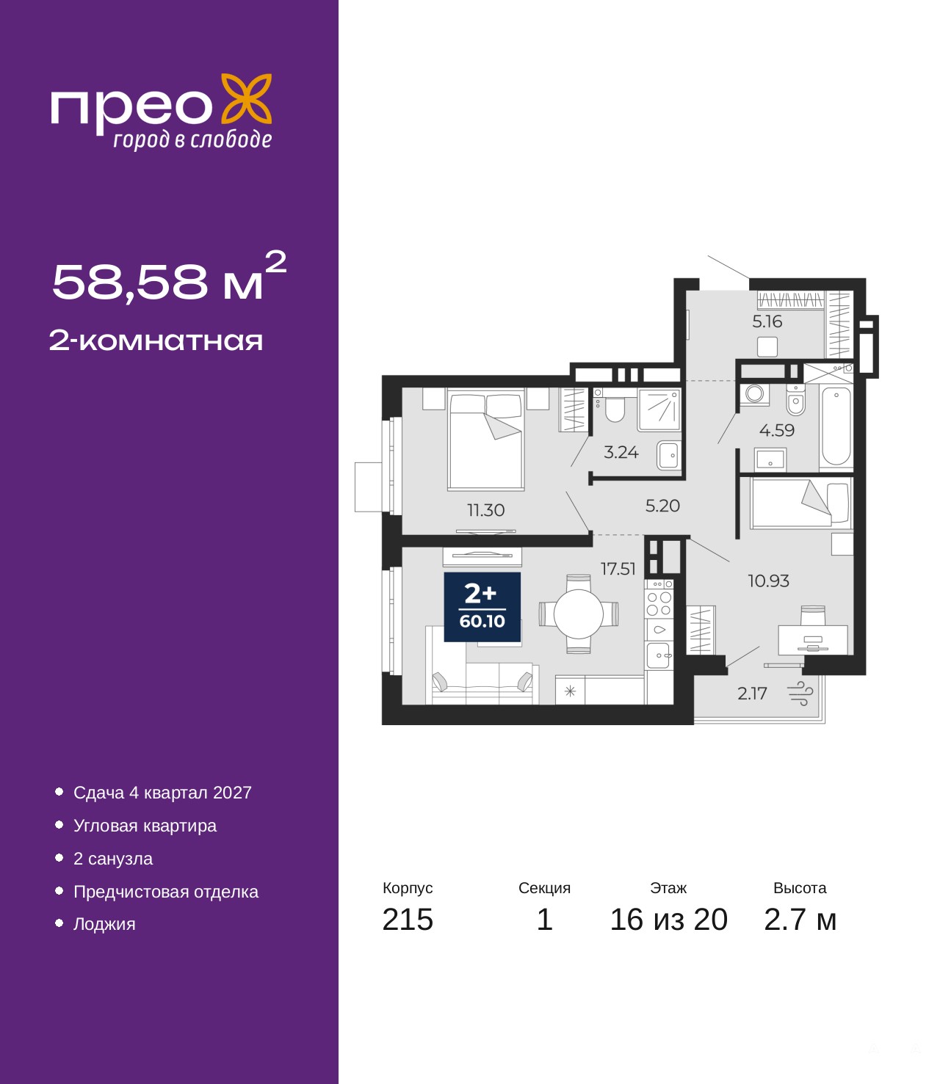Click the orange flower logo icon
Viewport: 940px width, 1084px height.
246,99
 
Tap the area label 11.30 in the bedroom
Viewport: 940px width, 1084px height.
485,510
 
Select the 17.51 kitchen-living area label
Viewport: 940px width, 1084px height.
618,569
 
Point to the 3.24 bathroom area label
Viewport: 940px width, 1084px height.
621,452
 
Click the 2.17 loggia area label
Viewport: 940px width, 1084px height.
752,694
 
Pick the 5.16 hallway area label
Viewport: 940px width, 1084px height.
767,321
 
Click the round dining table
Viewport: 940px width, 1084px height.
579,614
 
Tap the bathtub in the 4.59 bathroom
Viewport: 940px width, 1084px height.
836,426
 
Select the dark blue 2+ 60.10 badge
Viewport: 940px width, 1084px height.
482,607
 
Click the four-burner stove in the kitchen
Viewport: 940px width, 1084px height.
659,603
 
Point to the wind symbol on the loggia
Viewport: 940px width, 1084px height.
800,694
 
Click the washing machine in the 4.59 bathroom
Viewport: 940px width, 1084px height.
754,395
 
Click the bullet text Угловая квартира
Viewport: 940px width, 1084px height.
145,826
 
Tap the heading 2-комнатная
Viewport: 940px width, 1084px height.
156,341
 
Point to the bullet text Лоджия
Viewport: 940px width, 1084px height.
104,923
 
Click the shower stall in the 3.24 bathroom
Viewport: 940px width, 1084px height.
659,410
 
